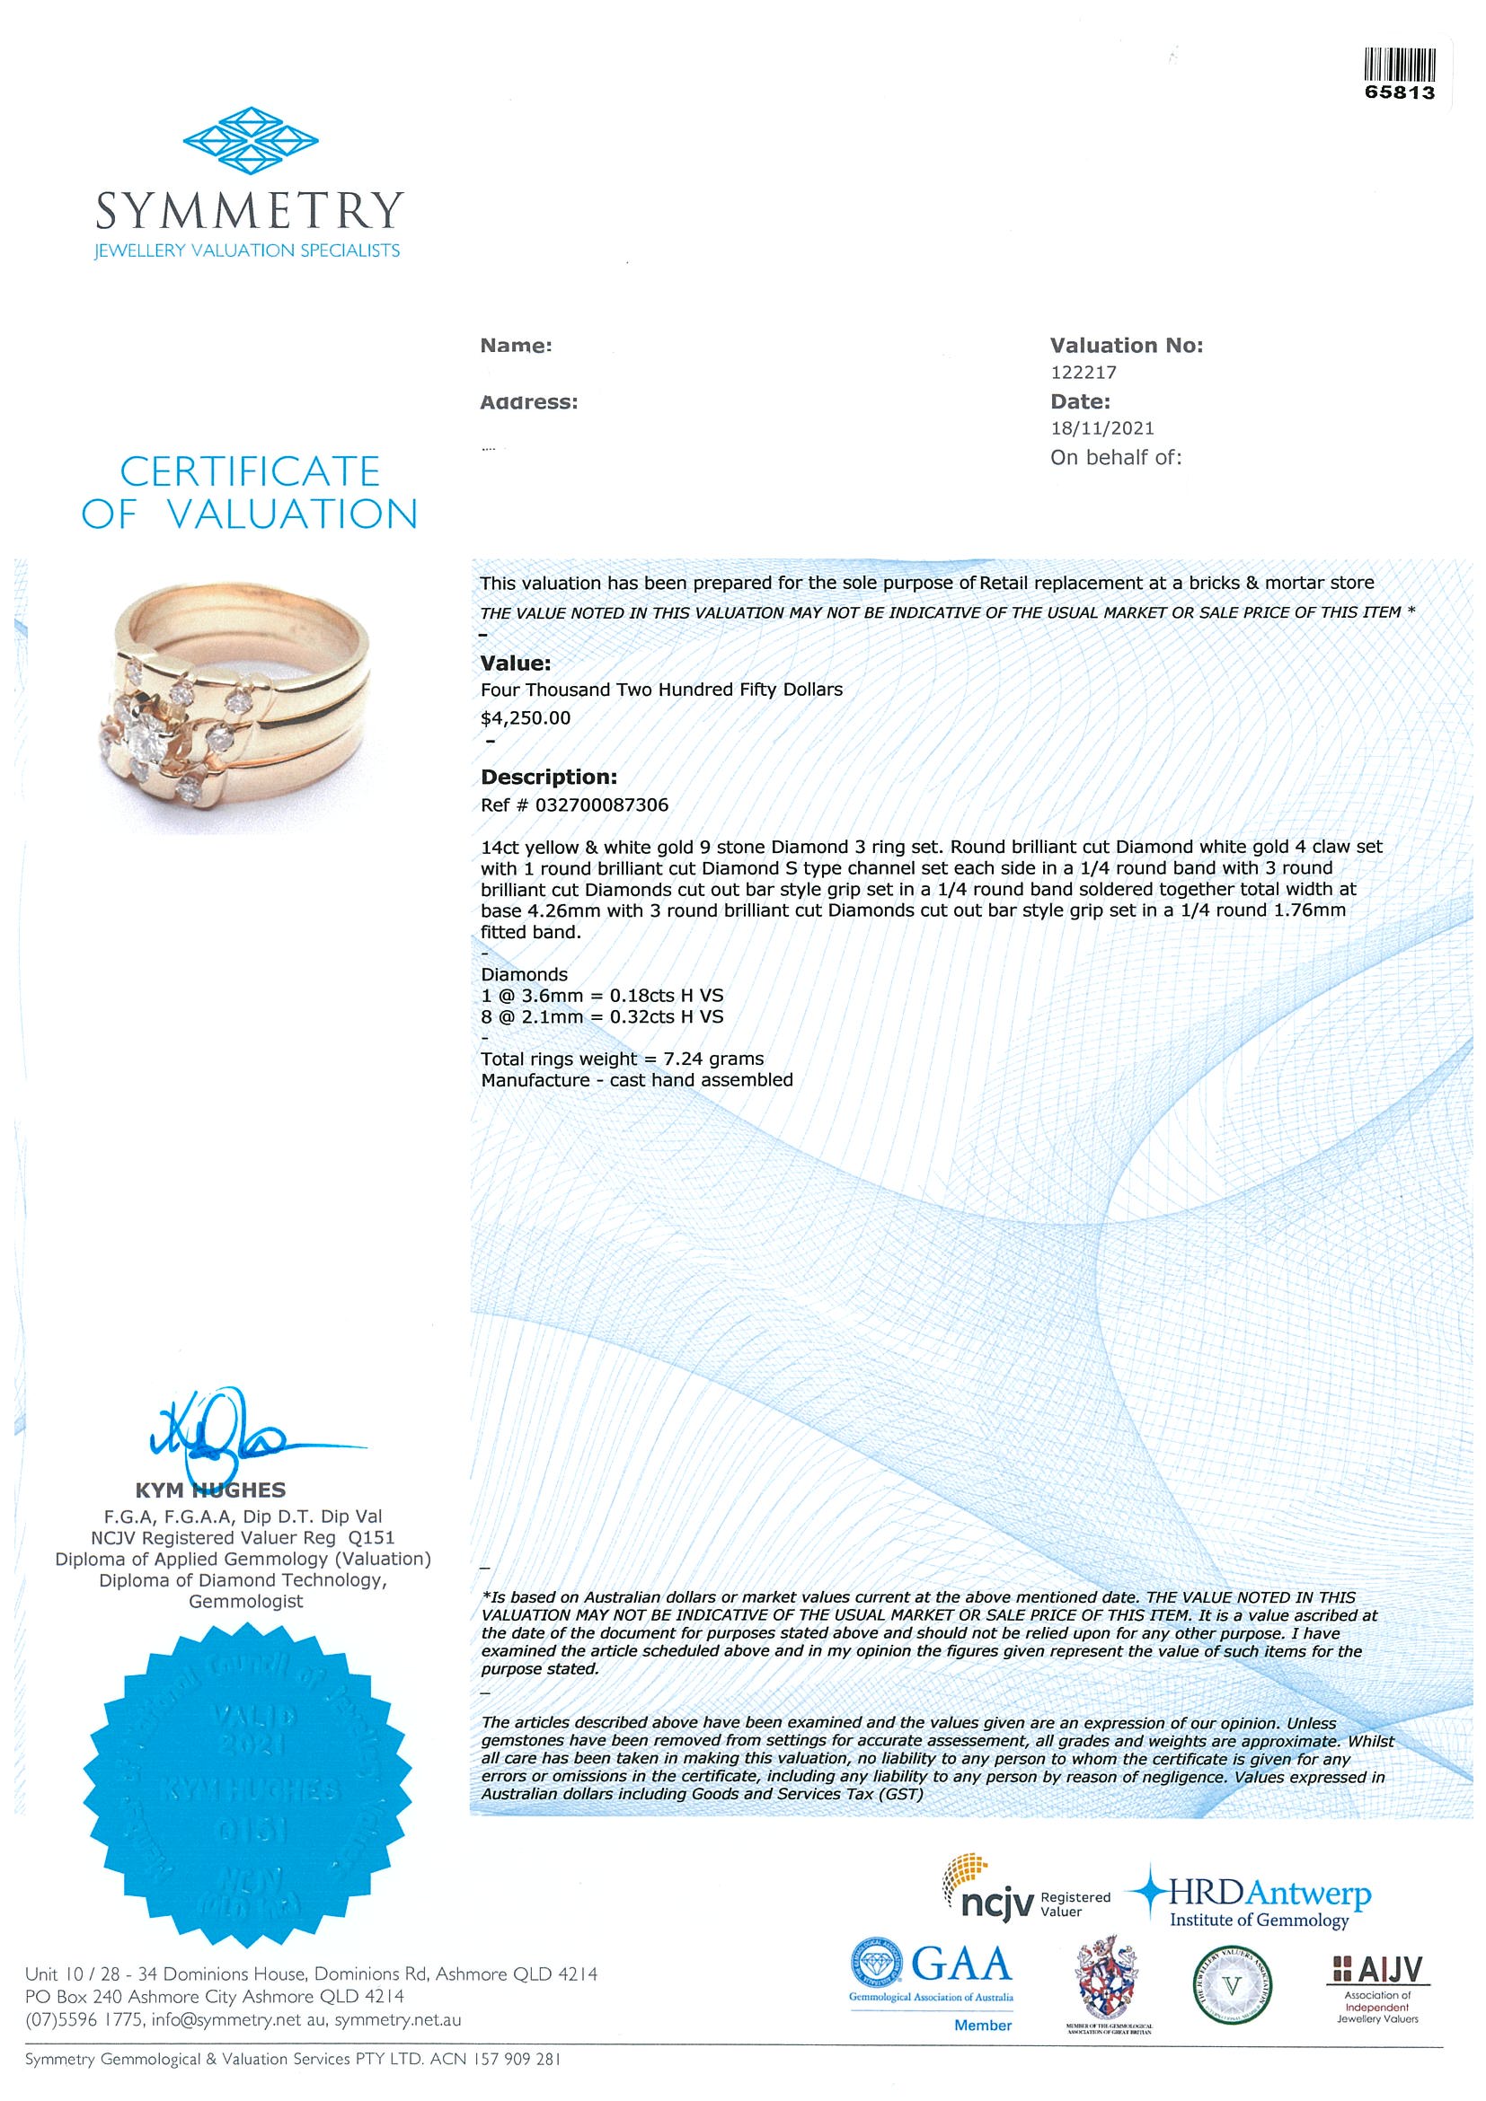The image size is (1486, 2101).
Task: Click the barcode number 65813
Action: (x=1399, y=92)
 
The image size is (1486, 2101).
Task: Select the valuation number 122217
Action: (x=1084, y=373)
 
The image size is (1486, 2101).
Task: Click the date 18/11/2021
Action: (x=1101, y=428)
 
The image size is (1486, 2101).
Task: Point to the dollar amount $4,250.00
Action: (x=526, y=718)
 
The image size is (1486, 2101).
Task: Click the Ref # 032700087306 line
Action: (x=574, y=805)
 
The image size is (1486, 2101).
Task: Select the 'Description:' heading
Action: (x=548, y=777)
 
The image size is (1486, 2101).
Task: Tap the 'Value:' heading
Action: (x=516, y=664)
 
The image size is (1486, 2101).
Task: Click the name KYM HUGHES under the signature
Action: (x=210, y=1490)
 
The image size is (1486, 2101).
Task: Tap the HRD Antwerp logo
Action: (x=1254, y=1903)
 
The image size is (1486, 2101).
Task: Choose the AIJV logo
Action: (x=1377, y=1988)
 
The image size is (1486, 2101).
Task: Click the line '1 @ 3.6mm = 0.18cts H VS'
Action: (x=602, y=996)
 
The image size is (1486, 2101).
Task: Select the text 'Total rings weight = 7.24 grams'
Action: (x=622, y=1059)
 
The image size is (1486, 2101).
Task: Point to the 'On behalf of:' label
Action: (x=1115, y=458)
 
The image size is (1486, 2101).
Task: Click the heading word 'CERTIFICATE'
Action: (x=250, y=471)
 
